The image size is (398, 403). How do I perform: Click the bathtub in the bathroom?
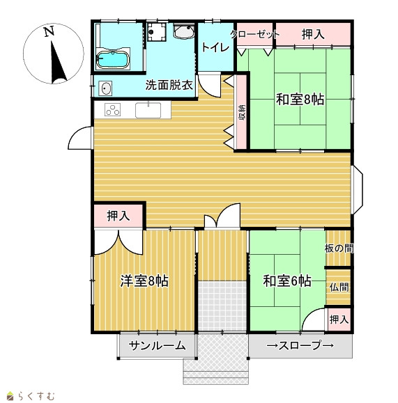click(x=112, y=60)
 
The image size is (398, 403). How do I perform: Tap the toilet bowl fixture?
click(x=183, y=31)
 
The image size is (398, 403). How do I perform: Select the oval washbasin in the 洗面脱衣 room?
click(x=105, y=88)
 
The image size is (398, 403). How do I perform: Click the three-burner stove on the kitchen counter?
click(x=112, y=109)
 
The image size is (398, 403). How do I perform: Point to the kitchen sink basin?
click(x=148, y=110)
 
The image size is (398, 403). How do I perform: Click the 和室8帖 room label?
click(x=300, y=100)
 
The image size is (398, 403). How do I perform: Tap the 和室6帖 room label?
click(x=287, y=281)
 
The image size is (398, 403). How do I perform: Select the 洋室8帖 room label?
click(x=144, y=281)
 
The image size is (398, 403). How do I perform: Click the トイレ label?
click(x=215, y=47)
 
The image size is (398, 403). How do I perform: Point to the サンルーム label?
click(x=157, y=346)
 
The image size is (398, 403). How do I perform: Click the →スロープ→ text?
click(x=300, y=345)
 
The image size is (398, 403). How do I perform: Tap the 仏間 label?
click(x=339, y=287)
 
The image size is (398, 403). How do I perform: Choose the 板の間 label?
click(x=339, y=248)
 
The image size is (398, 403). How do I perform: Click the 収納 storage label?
click(x=242, y=113)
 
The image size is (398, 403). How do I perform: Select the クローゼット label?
click(x=254, y=34)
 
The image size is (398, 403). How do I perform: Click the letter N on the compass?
click(x=49, y=31)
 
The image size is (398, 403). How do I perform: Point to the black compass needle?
click(x=58, y=62)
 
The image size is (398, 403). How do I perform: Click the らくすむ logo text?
click(x=36, y=396)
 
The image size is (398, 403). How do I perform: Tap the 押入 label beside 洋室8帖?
click(x=118, y=215)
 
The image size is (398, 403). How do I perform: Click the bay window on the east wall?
click(x=358, y=190)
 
